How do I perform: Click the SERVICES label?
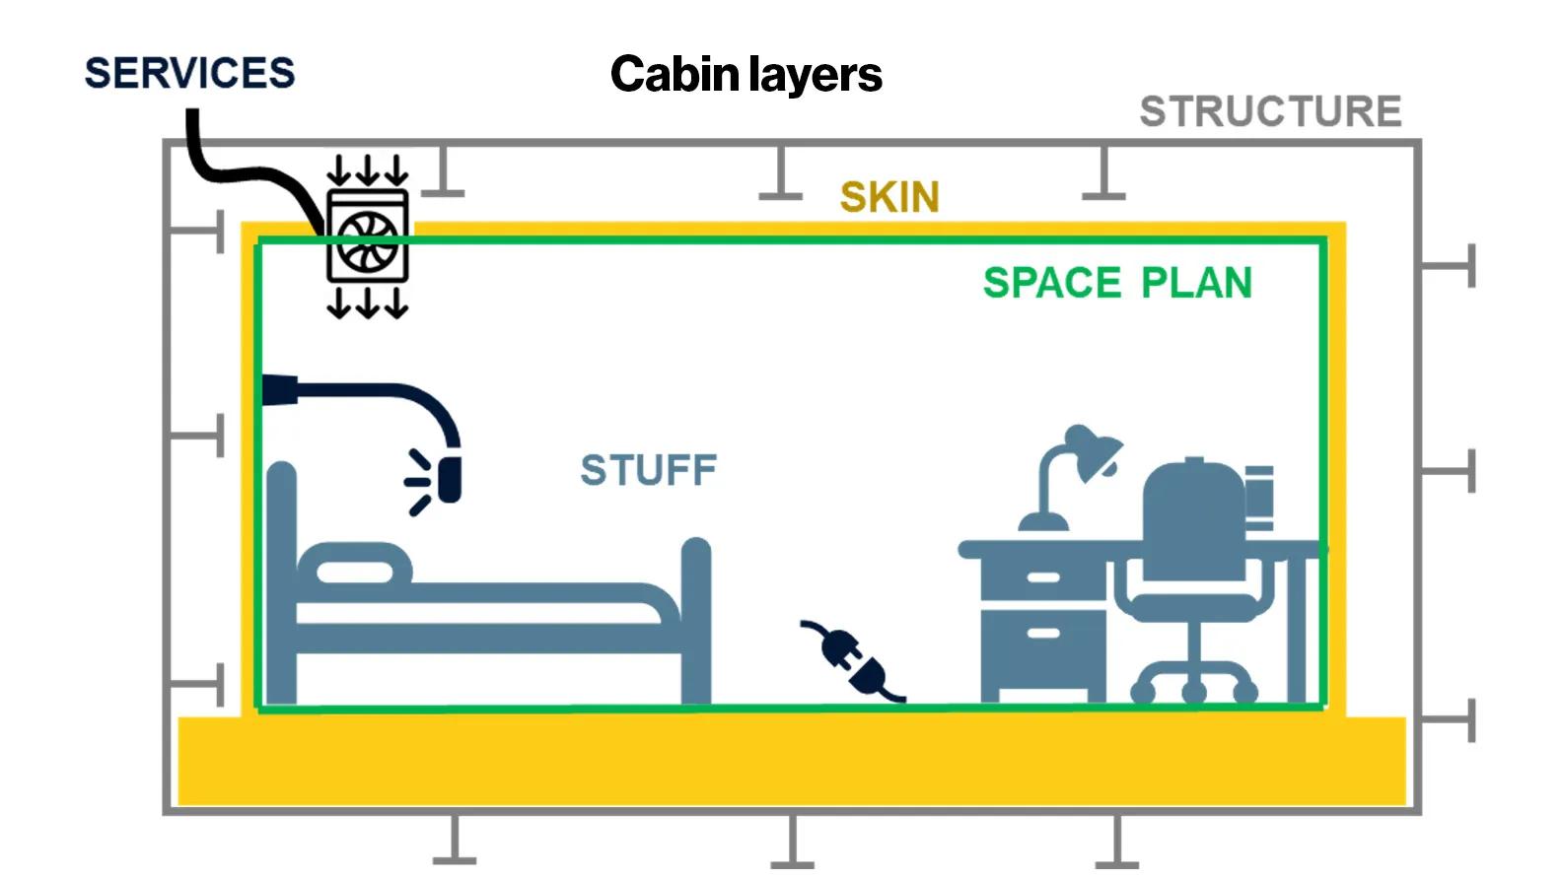[x=189, y=73]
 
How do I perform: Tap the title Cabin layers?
[x=745, y=74]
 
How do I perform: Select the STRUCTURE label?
[x=1270, y=111]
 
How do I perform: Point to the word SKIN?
[x=889, y=197]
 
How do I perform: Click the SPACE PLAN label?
[x=1117, y=283]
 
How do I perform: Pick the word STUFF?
[x=648, y=470]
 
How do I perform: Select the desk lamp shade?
[x=1093, y=451]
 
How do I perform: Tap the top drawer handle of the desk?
[x=1043, y=577]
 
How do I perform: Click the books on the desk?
[x=1259, y=497]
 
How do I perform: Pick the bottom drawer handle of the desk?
[x=1043, y=633]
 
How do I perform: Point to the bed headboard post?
[x=281, y=581]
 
